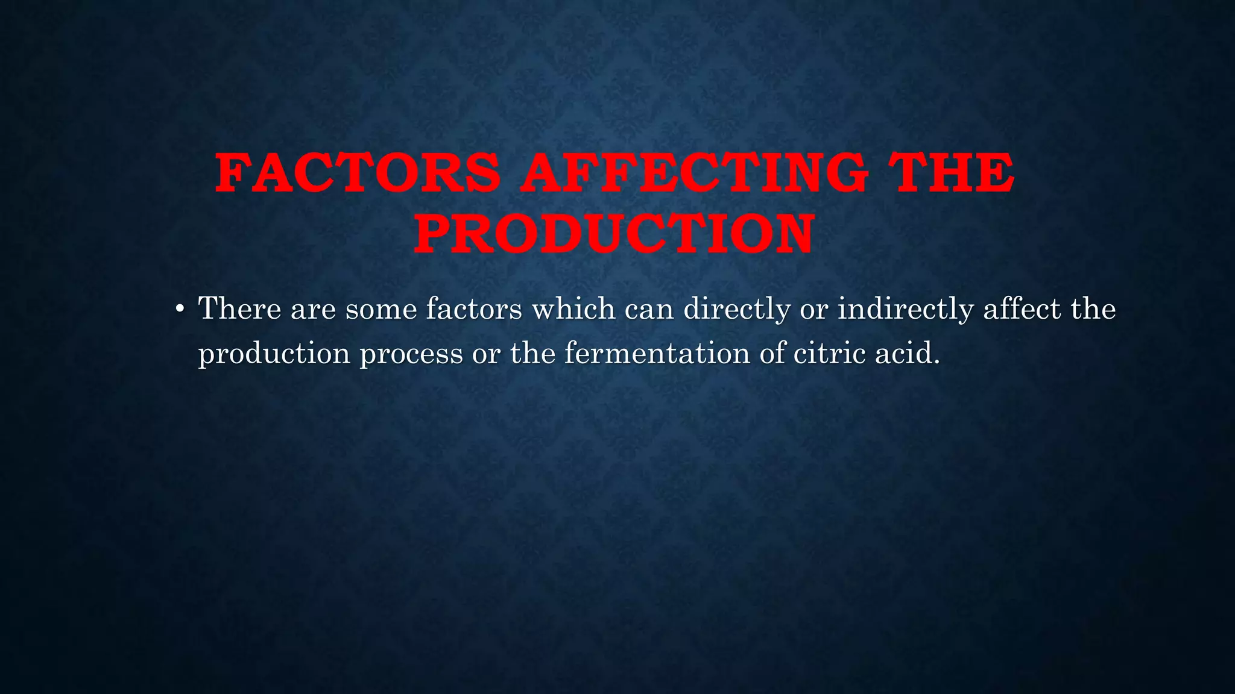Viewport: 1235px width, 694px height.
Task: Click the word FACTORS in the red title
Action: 358,173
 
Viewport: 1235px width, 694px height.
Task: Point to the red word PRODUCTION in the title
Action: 614,234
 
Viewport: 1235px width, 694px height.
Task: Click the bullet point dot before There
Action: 179,310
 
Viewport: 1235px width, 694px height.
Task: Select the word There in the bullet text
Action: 239,309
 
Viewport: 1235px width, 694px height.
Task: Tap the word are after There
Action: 312,310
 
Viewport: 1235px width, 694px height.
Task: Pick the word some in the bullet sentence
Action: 381,310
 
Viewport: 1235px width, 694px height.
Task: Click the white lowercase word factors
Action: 474,309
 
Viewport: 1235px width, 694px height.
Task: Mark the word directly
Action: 736,310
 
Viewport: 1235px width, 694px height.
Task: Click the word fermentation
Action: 657,353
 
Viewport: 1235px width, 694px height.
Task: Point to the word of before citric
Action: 772,353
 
